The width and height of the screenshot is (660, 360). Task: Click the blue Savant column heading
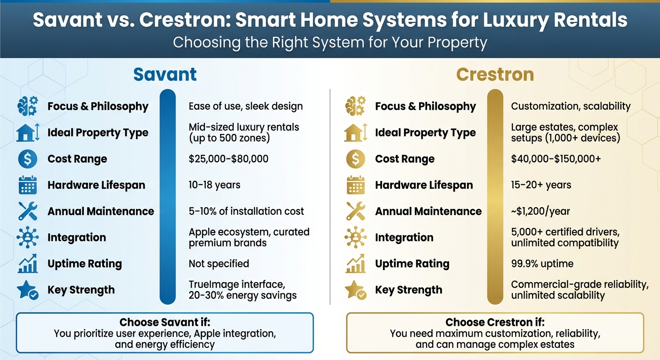tap(165, 75)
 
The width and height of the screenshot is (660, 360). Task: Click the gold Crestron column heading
tap(495, 75)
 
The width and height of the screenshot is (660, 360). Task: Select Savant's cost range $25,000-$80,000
tap(228, 159)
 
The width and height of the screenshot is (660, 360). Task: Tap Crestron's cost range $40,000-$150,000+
tap(555, 159)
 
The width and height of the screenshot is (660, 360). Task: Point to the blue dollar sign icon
tap(27, 159)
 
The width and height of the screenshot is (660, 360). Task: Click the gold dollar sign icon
tap(355, 159)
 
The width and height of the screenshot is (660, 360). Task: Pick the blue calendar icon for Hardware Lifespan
tap(27, 186)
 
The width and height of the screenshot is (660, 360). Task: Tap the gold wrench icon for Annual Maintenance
tap(355, 211)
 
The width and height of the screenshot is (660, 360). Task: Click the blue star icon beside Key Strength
tap(27, 290)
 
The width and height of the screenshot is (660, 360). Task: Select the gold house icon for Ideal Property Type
tap(355, 133)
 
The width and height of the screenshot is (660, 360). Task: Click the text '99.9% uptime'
tap(542, 263)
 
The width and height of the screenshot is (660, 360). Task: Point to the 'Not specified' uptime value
tap(218, 263)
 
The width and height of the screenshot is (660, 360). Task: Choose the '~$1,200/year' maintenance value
tap(540, 211)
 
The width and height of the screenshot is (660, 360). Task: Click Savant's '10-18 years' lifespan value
tap(214, 185)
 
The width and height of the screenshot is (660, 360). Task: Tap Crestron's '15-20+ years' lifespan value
tap(541, 185)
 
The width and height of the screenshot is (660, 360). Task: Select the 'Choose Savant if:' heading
tap(165, 322)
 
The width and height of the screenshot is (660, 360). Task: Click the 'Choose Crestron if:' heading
tap(495, 322)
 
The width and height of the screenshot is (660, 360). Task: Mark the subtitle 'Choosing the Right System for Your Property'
tap(330, 43)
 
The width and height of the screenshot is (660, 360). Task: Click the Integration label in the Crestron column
tap(404, 238)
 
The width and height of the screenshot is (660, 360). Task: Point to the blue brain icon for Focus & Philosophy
tap(27, 106)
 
